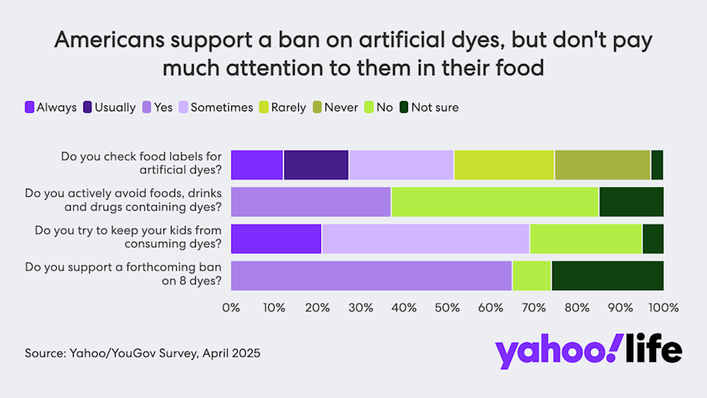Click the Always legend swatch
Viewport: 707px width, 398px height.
click(x=30, y=108)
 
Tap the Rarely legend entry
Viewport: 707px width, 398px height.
click(x=281, y=108)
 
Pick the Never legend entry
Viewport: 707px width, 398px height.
click(x=336, y=108)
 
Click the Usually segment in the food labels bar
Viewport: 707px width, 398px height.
click(x=316, y=164)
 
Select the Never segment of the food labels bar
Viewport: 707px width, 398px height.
click(x=602, y=164)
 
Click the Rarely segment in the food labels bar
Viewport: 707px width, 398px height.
click(x=504, y=164)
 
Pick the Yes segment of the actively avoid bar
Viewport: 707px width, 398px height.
click(x=311, y=201)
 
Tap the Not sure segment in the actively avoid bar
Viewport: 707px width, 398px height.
click(x=631, y=201)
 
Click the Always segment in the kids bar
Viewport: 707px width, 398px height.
click(x=276, y=238)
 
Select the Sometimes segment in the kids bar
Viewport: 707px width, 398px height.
click(x=425, y=238)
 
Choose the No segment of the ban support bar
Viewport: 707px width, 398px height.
click(x=532, y=275)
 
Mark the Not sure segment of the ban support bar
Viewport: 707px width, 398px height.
click(x=607, y=275)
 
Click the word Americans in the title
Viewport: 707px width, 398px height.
click(x=109, y=41)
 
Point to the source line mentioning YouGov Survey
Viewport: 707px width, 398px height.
click(x=142, y=353)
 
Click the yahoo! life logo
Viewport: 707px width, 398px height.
click(x=588, y=352)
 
